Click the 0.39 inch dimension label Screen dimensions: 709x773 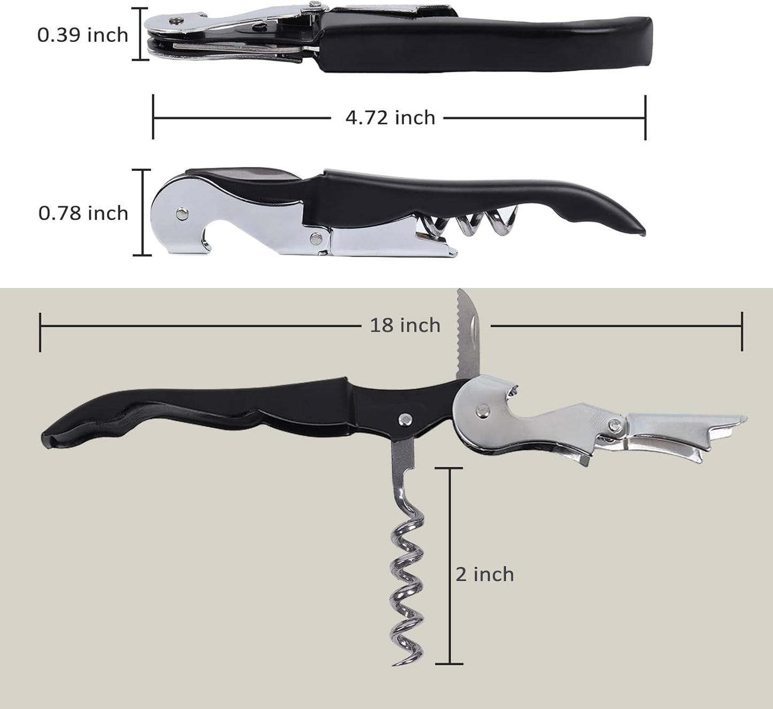tap(83, 35)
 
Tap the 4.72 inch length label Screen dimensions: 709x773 tap(390, 117)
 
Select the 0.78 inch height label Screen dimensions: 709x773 tap(83, 213)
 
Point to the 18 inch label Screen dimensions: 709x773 tap(405, 325)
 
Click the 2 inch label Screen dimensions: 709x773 tap(485, 575)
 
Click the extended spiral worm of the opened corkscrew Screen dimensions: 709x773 tap(408, 578)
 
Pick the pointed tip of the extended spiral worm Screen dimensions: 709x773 tap(396, 663)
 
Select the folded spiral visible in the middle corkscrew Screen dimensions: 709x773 tap(471, 223)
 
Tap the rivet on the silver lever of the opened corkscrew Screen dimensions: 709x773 tap(483, 411)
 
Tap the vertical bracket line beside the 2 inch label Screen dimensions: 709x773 tap(449, 566)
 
